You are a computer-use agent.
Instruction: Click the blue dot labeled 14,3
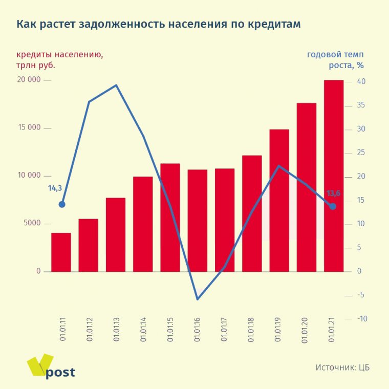pos(62,204)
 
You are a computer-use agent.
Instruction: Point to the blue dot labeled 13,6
pos(333,206)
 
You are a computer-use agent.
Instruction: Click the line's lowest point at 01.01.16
pos(198,299)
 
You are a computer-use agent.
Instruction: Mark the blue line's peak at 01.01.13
pos(116,85)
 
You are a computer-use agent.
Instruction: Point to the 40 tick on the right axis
pos(361,82)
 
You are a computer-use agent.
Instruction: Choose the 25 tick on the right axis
pos(361,153)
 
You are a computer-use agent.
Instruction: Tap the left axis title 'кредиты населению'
pos(59,54)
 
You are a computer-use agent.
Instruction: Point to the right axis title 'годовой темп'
pos(335,54)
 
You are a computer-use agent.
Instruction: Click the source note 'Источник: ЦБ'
pos(342,368)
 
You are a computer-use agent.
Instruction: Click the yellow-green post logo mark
pos(40,364)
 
